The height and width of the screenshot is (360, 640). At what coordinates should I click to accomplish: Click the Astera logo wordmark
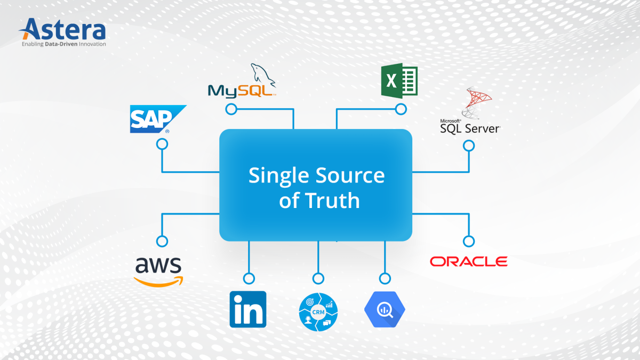(63, 29)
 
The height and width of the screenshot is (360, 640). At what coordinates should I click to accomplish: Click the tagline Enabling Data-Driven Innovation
(63, 44)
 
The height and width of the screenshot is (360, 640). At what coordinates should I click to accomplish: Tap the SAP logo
(157, 118)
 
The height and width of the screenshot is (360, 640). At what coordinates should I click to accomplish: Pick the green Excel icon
(399, 82)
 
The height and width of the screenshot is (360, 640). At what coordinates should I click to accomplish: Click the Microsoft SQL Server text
(469, 127)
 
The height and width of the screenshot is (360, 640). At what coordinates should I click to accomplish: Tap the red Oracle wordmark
(468, 261)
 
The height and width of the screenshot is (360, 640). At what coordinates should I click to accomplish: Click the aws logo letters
(158, 265)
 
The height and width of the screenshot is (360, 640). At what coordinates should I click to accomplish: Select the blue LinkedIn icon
(247, 309)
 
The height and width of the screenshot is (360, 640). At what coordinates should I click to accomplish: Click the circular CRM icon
(318, 311)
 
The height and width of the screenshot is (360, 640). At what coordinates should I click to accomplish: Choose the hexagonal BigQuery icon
(385, 309)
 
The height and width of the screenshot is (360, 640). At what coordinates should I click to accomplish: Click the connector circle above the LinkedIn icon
(249, 278)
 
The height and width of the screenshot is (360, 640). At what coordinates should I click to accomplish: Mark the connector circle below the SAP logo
(162, 145)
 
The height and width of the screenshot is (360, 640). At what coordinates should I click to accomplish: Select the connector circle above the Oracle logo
(468, 241)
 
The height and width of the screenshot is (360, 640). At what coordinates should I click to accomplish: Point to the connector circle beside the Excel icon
(401, 109)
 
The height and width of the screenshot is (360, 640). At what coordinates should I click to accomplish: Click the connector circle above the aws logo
(162, 241)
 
